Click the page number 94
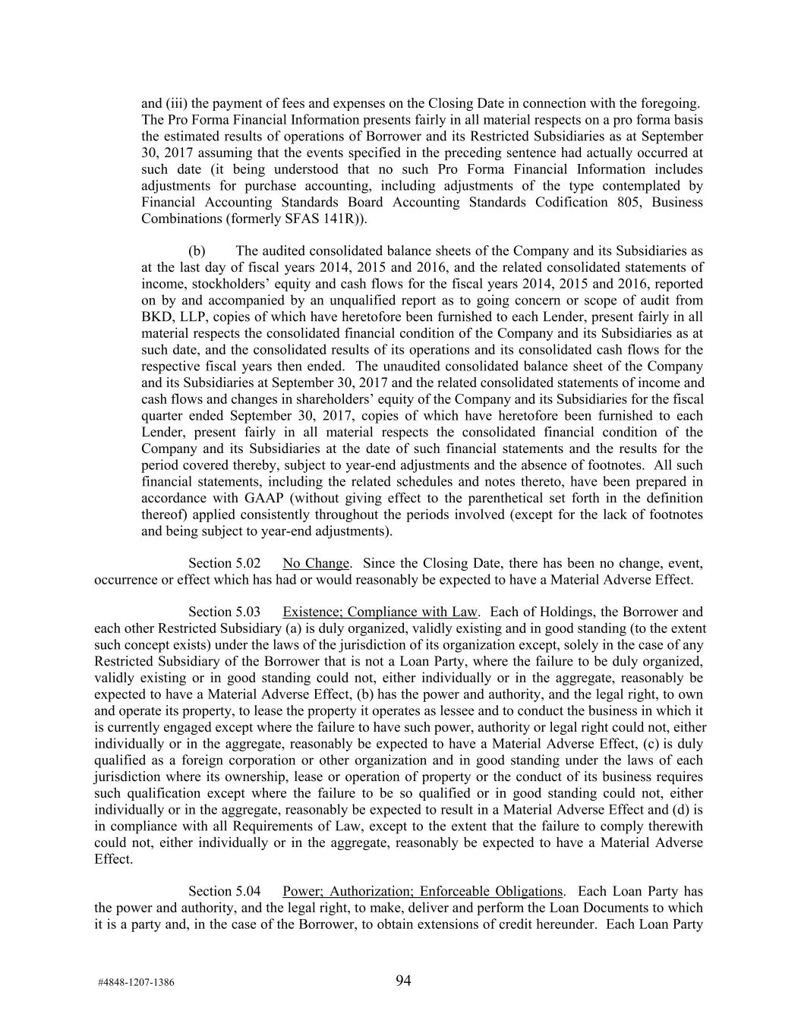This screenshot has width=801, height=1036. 403,981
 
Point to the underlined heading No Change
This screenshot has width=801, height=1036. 316,563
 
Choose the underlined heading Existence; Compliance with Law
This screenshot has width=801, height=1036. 380,612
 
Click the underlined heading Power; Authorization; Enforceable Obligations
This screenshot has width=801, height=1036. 423,891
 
